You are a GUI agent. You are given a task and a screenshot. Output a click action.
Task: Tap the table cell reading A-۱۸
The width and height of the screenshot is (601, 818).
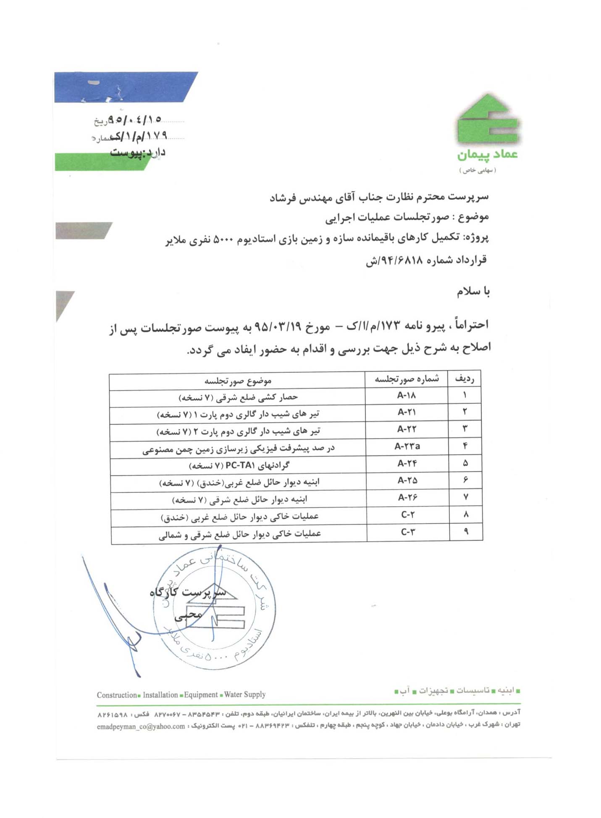click(x=406, y=395)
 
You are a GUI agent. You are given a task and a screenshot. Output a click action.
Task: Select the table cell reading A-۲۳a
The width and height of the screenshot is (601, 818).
click(x=407, y=447)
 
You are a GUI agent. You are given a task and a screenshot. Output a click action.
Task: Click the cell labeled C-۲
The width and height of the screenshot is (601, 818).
click(x=408, y=515)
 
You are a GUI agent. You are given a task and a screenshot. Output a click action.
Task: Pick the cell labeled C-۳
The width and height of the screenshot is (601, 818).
click(x=408, y=532)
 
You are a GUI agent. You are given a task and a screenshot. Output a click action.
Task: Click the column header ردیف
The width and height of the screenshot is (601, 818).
click(x=465, y=379)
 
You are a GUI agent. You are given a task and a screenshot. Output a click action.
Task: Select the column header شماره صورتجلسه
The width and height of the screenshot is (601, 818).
click(x=407, y=379)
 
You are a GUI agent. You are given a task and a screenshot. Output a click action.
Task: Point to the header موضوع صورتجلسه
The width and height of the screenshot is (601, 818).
click(x=238, y=381)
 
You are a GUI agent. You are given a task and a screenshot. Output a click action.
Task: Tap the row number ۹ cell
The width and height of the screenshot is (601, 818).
click(x=466, y=531)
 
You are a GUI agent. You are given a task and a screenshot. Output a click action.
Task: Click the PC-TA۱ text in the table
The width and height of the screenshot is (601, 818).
click(x=240, y=465)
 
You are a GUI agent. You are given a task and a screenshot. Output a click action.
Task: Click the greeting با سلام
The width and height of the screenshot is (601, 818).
click(x=473, y=291)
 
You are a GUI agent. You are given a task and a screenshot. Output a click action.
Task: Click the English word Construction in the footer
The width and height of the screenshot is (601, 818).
click(x=117, y=695)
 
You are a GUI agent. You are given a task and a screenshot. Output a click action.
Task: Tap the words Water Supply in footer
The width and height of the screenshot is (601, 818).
click(x=245, y=694)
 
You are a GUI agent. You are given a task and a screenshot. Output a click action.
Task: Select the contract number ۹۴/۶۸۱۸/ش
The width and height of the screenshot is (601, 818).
click(x=394, y=260)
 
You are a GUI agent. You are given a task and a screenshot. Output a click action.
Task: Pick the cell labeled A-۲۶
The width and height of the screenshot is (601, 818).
click(x=407, y=497)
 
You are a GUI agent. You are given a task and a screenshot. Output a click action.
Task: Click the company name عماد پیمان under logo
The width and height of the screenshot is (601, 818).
click(x=487, y=155)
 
